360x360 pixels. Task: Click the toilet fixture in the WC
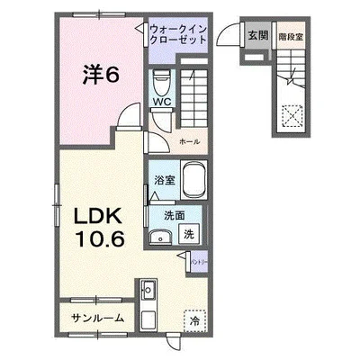(x=160, y=83)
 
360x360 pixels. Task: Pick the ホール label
(x=189, y=142)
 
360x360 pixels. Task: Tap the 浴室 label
(x=163, y=179)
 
